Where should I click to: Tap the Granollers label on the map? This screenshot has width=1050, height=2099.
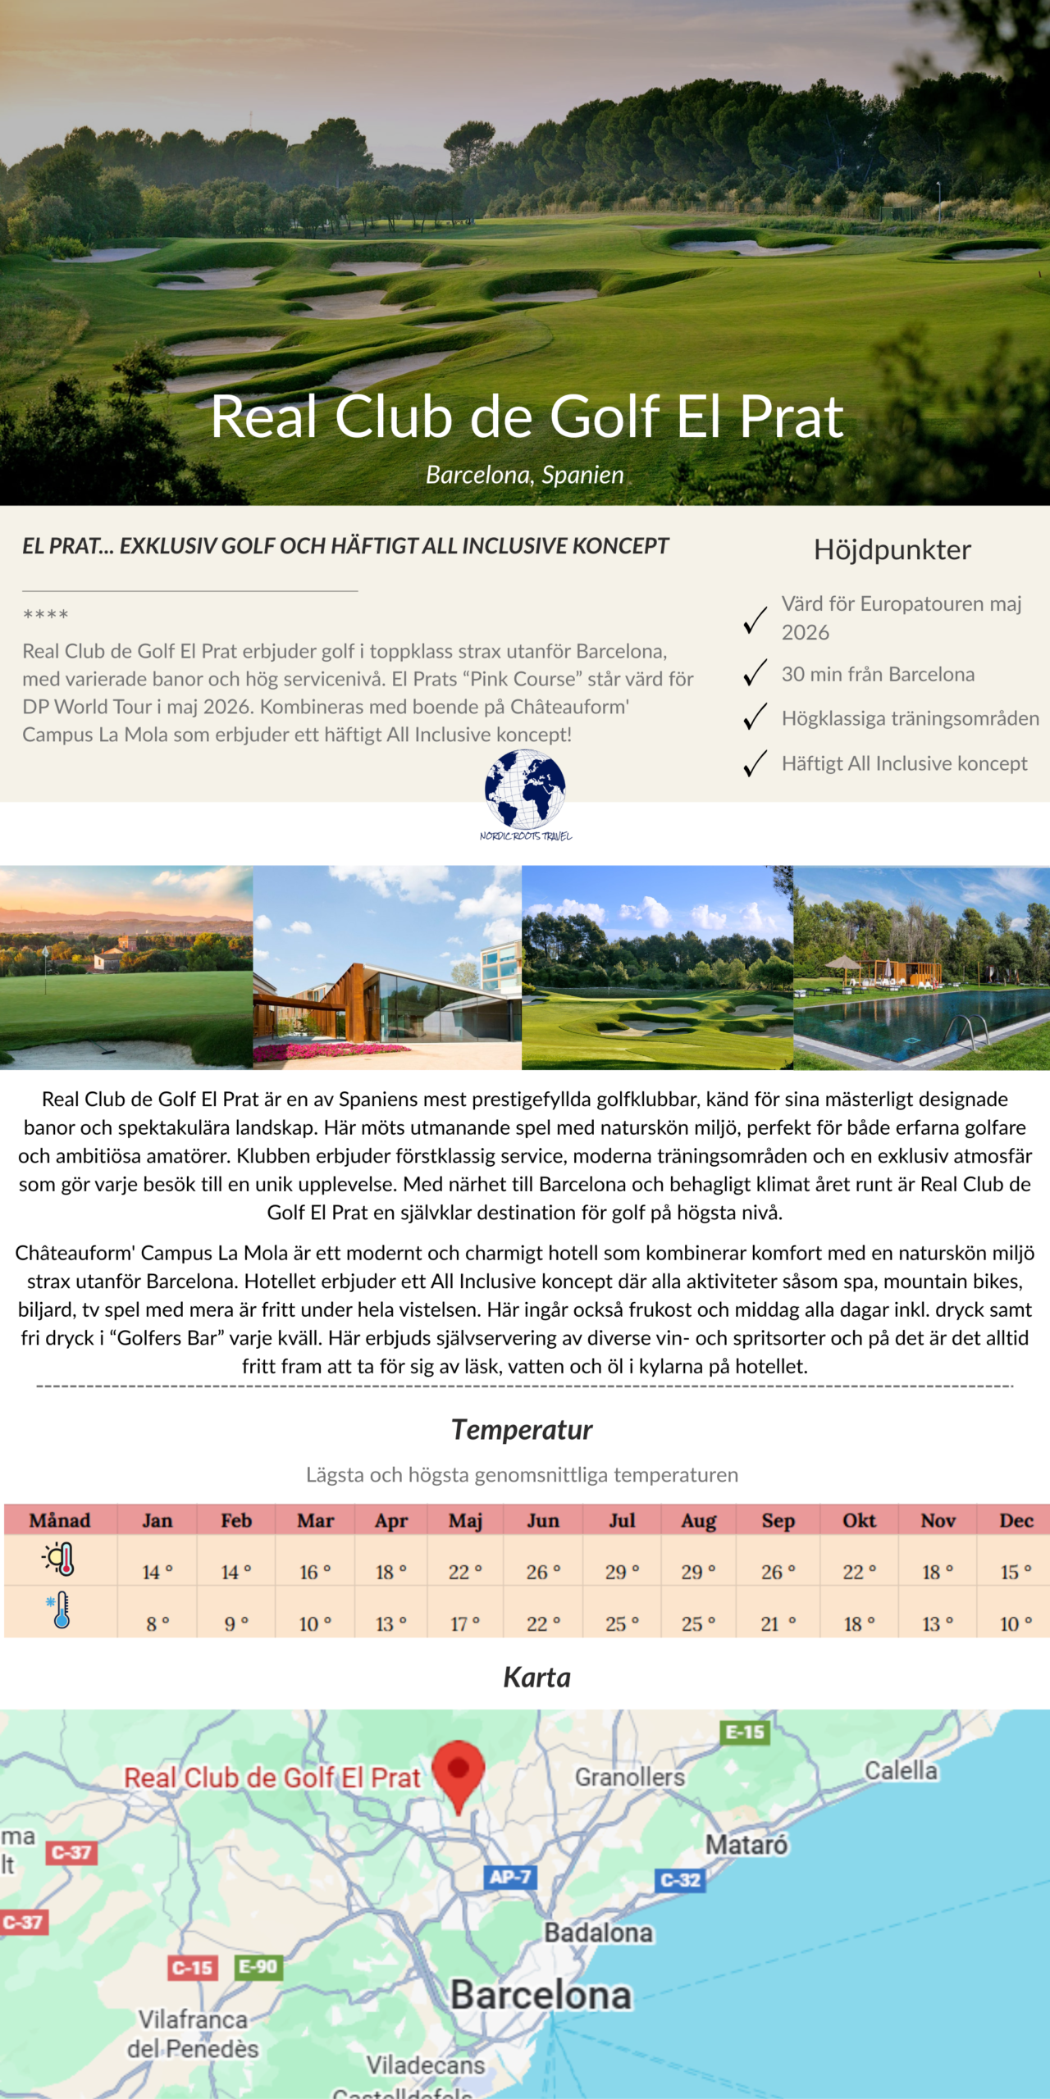[x=629, y=1777]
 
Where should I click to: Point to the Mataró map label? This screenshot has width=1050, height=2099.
[x=746, y=1845]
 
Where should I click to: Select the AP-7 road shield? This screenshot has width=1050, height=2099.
[x=509, y=1877]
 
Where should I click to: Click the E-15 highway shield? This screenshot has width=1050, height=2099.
[x=745, y=1732]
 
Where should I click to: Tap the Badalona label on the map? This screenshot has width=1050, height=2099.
[x=598, y=1933]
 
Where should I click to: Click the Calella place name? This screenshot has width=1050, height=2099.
[x=901, y=1770]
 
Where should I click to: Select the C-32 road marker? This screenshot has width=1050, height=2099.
[x=680, y=1879]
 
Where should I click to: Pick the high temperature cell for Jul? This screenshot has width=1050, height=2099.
[x=622, y=1572]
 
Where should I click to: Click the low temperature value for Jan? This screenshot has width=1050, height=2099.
[x=157, y=1623]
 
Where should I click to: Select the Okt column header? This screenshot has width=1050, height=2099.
[x=859, y=1521]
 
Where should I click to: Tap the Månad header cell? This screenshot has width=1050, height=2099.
[x=60, y=1521]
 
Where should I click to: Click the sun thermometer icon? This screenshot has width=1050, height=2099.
[x=60, y=1559]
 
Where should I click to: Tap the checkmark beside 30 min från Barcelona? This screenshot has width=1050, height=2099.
[x=755, y=673]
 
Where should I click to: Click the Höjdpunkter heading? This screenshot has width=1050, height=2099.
[x=892, y=549]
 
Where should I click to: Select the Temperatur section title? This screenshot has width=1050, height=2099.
[x=522, y=1430]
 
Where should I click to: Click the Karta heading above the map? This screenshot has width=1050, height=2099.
[x=536, y=1678]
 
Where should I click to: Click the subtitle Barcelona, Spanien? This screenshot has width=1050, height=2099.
[x=525, y=475]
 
